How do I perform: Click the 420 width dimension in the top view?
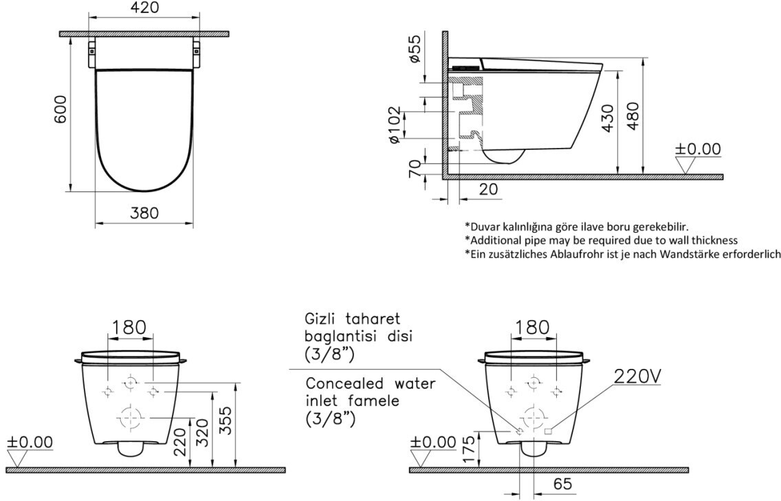point(144,8)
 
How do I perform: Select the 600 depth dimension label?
point(60,109)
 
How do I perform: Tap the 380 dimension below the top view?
point(144,213)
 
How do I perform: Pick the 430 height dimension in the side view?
point(608,118)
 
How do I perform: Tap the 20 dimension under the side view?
point(487,189)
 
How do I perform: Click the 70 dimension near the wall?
point(415,169)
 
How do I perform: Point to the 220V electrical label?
point(637,376)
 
